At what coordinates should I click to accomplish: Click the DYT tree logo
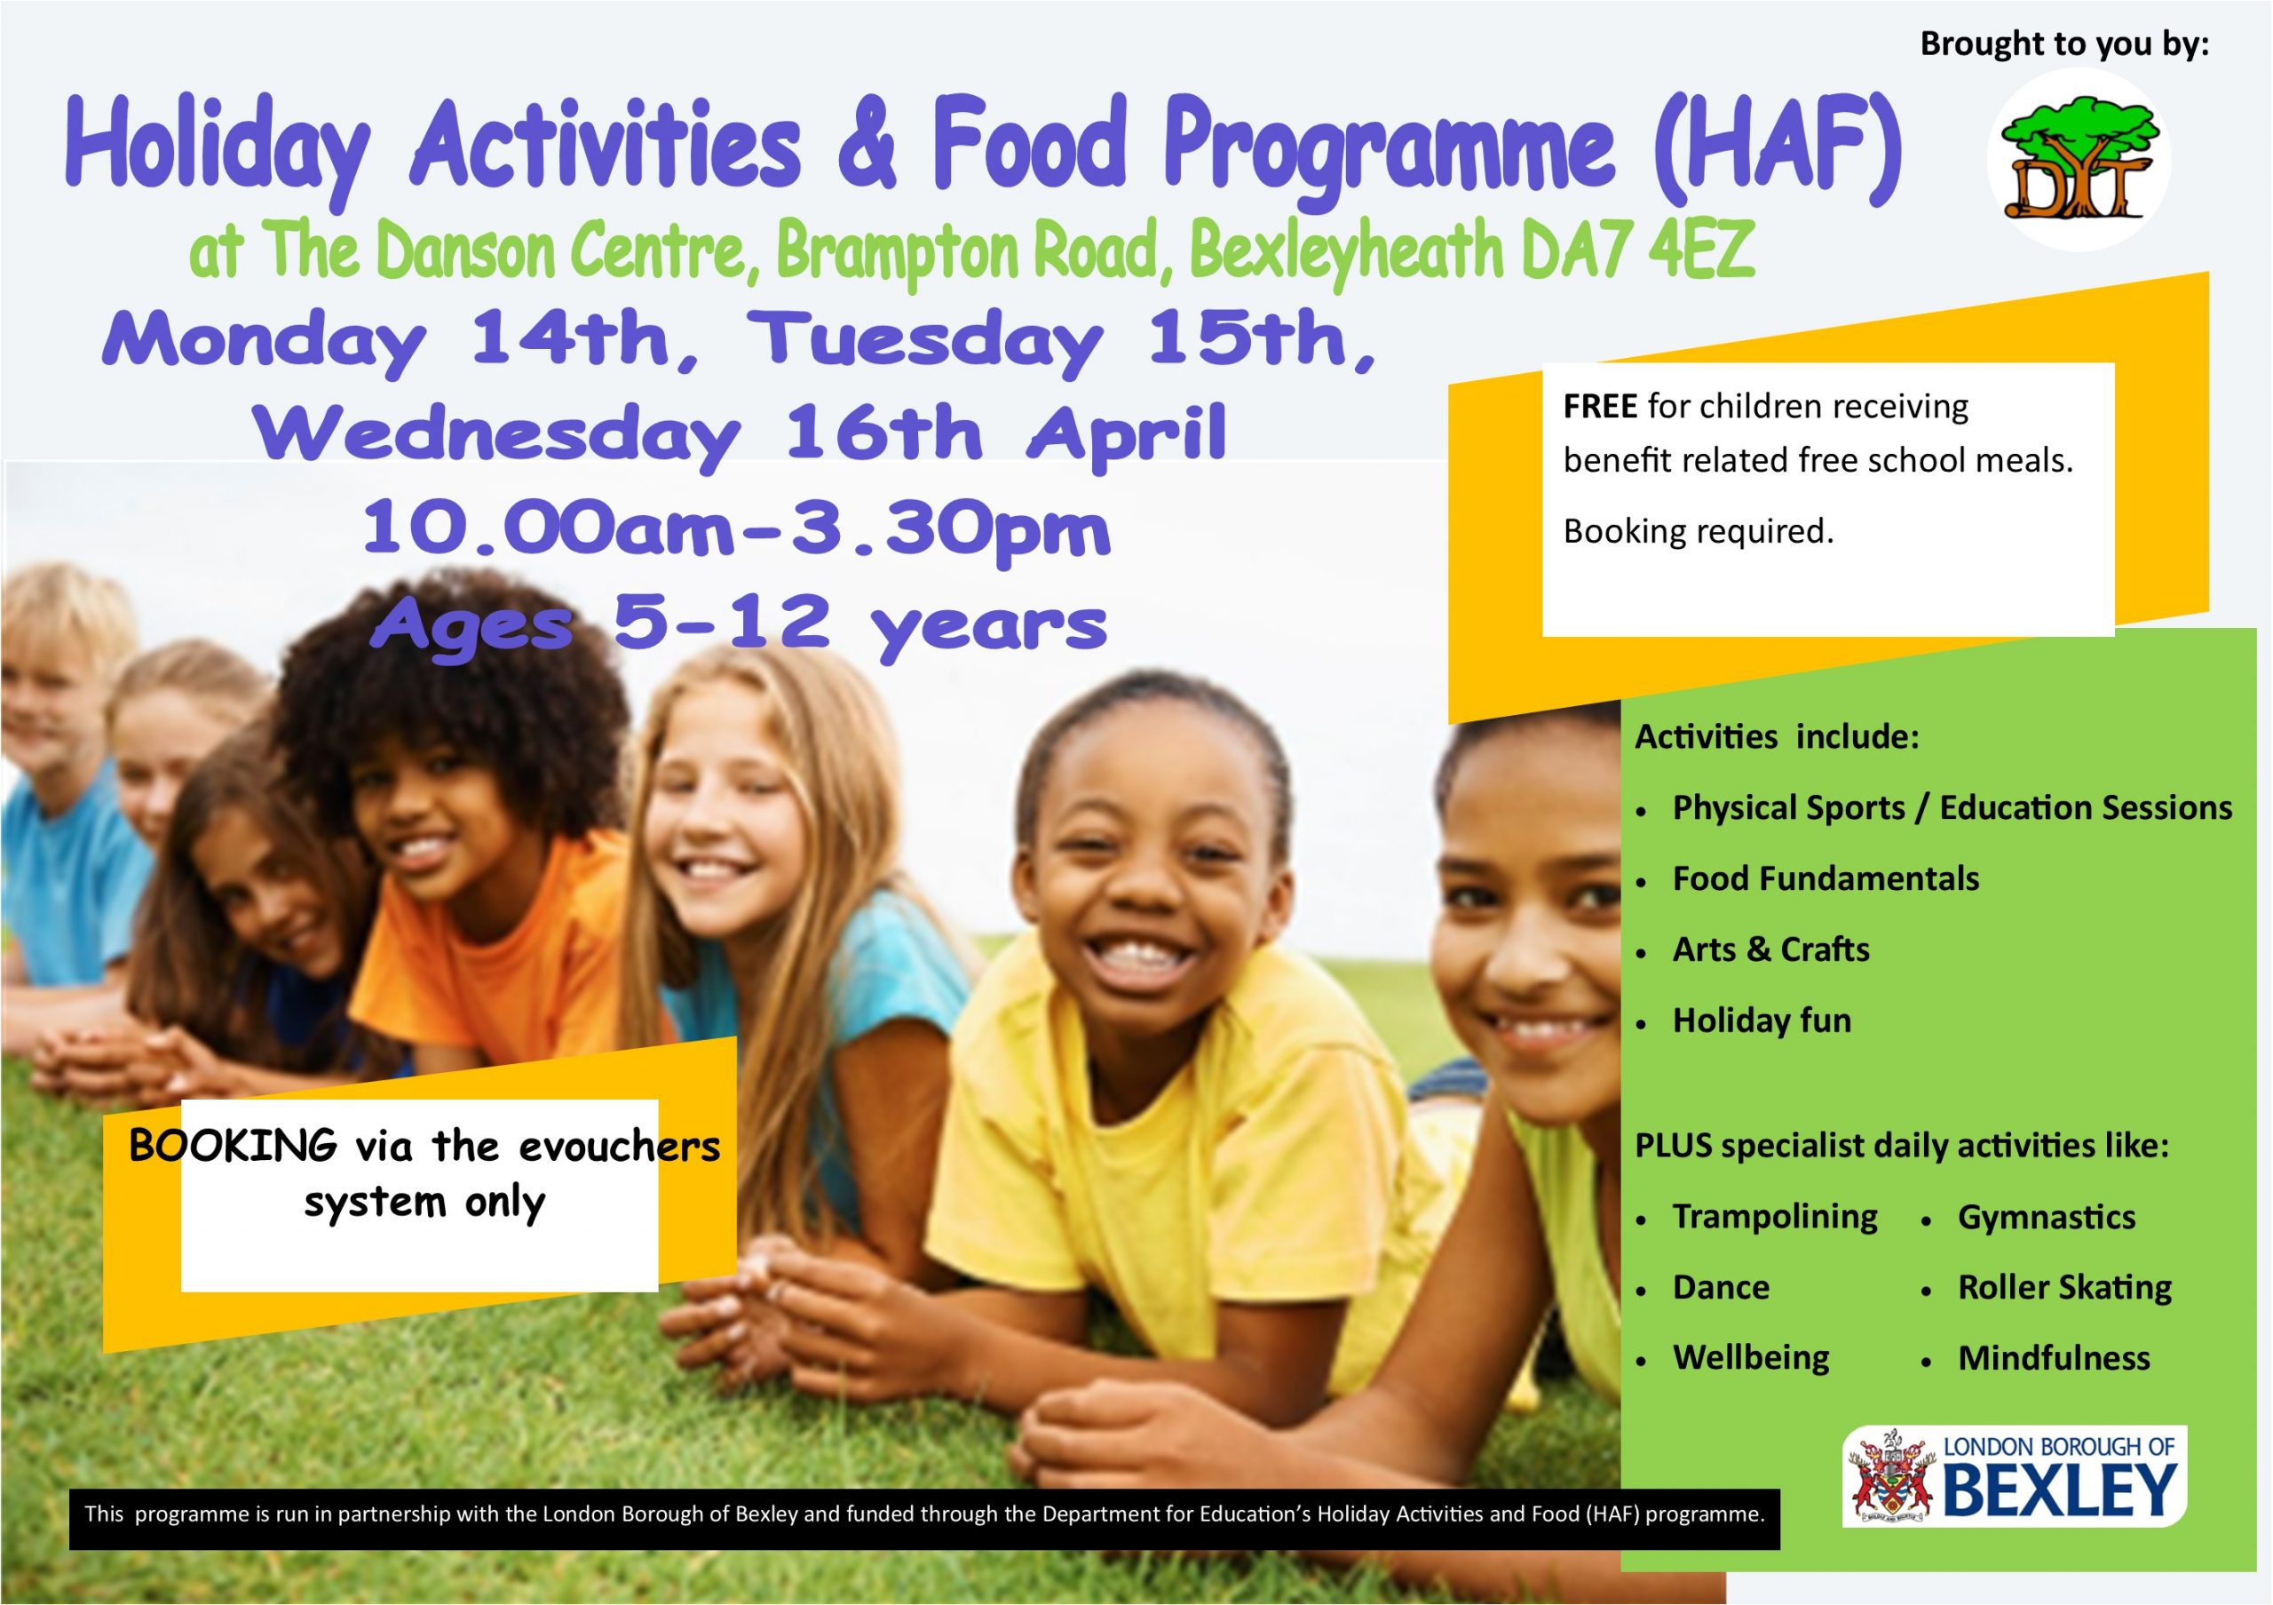2077,158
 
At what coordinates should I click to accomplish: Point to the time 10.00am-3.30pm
737,531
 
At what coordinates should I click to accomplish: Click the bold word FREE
1600,406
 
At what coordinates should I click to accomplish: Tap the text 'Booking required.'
1698,532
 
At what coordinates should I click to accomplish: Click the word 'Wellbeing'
1751,1357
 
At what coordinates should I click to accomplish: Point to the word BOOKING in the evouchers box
234,1146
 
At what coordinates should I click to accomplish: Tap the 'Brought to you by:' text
2065,44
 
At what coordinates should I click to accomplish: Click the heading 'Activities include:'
1777,736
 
